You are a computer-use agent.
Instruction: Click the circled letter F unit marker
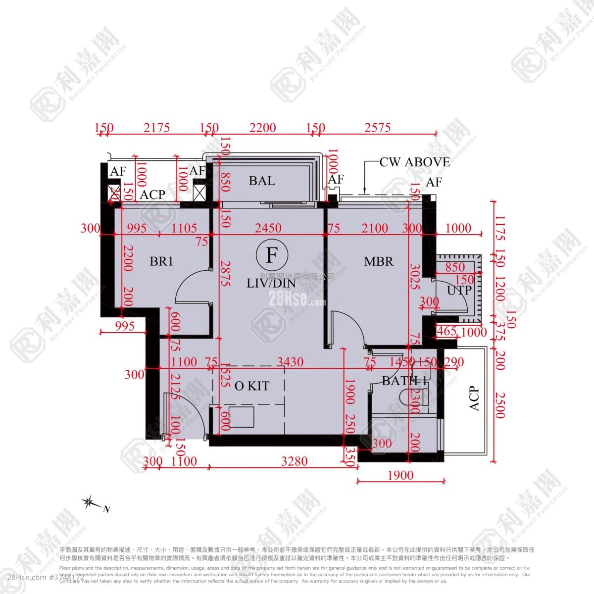[x=272, y=255]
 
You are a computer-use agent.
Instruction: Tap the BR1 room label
[x=161, y=261]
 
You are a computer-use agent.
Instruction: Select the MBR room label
[x=379, y=261]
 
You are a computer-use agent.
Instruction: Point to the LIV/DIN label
[x=271, y=283]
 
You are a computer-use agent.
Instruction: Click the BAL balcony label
[x=262, y=181]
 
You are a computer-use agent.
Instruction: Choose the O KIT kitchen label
[x=252, y=386]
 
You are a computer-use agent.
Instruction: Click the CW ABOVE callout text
[x=415, y=162]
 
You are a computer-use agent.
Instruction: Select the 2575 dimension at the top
[x=378, y=128]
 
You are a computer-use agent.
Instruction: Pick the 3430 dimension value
[x=290, y=362]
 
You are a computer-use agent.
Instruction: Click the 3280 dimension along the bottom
[x=294, y=461]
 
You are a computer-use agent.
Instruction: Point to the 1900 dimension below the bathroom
[x=400, y=475]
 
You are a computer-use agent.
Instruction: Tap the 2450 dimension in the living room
[x=268, y=228]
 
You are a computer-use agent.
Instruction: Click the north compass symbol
[x=90, y=503]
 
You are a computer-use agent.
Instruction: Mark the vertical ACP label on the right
[x=474, y=398]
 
